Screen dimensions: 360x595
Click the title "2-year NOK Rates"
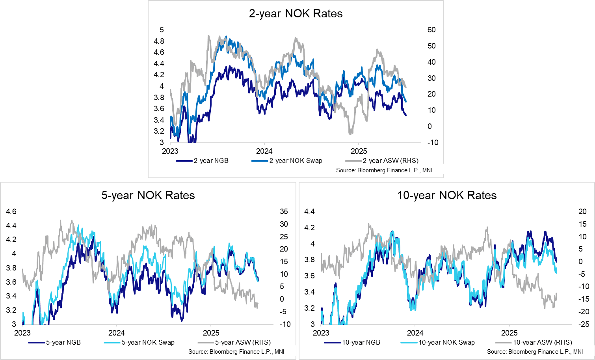296,14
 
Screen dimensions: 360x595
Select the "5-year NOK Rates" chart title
148,196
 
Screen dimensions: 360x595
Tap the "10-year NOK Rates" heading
447,196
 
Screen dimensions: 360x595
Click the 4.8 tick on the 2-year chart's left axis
159,41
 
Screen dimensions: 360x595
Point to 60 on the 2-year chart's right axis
431,30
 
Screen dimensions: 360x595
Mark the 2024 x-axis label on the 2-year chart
264,151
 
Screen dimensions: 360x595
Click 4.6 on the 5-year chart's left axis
11,212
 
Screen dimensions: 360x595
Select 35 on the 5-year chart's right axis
284,212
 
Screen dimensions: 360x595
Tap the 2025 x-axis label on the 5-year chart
211,333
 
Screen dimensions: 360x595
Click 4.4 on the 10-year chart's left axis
309,212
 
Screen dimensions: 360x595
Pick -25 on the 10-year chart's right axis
583,325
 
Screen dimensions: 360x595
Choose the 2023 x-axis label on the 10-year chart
321,333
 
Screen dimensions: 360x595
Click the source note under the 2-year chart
384,170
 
